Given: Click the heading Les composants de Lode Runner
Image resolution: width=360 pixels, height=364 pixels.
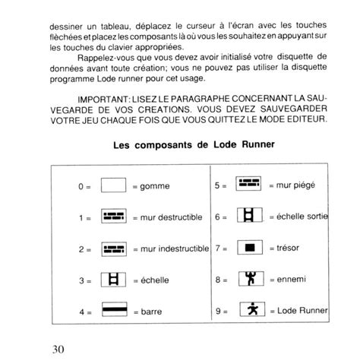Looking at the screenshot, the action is (183, 144).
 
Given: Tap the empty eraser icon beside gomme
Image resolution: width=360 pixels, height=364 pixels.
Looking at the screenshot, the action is (113, 185).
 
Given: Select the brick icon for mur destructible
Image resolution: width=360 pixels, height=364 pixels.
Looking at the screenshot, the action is (113, 217).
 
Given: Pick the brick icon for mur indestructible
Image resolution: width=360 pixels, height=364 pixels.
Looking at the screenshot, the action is (113, 248).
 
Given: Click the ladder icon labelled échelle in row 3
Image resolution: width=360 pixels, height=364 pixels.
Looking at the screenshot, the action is (113, 280).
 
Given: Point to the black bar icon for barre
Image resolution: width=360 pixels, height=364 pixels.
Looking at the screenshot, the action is (113, 310).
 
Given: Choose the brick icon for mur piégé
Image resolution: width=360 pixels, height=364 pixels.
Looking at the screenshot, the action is (249, 185).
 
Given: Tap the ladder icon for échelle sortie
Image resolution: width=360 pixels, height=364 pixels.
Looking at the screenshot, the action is (249, 217).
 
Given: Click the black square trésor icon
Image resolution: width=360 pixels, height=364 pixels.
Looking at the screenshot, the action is (249, 248).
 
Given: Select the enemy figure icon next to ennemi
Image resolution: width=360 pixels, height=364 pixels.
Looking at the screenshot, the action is (249, 279).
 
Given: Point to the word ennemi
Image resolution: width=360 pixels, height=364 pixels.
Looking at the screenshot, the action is (292, 280).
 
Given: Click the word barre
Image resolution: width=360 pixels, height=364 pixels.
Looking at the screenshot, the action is (152, 311).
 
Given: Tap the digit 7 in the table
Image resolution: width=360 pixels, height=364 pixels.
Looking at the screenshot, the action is (217, 248).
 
